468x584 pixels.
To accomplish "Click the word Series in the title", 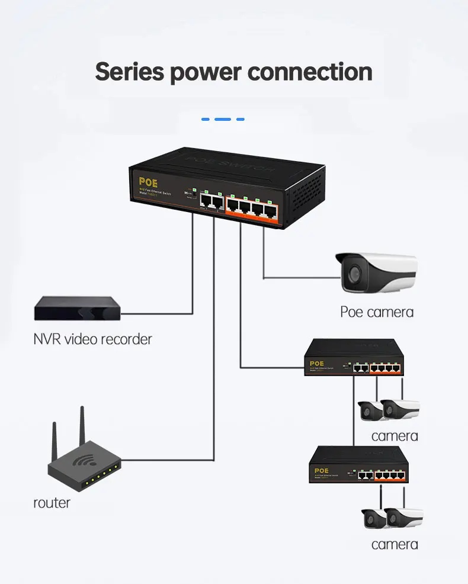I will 129,72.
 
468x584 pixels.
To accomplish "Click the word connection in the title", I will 310,72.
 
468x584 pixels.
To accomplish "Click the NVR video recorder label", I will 92,339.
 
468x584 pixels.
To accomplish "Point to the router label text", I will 52,503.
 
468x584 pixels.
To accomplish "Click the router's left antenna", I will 55,438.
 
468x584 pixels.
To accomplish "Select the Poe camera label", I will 377,312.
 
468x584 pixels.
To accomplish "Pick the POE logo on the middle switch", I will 318,363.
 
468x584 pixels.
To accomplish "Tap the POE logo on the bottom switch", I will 322,469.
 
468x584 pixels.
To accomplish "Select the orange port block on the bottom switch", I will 392,474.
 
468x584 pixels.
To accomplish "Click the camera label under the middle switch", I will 395,437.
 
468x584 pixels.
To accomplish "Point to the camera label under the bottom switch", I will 395,544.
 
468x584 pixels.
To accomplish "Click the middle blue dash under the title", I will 223,119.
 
